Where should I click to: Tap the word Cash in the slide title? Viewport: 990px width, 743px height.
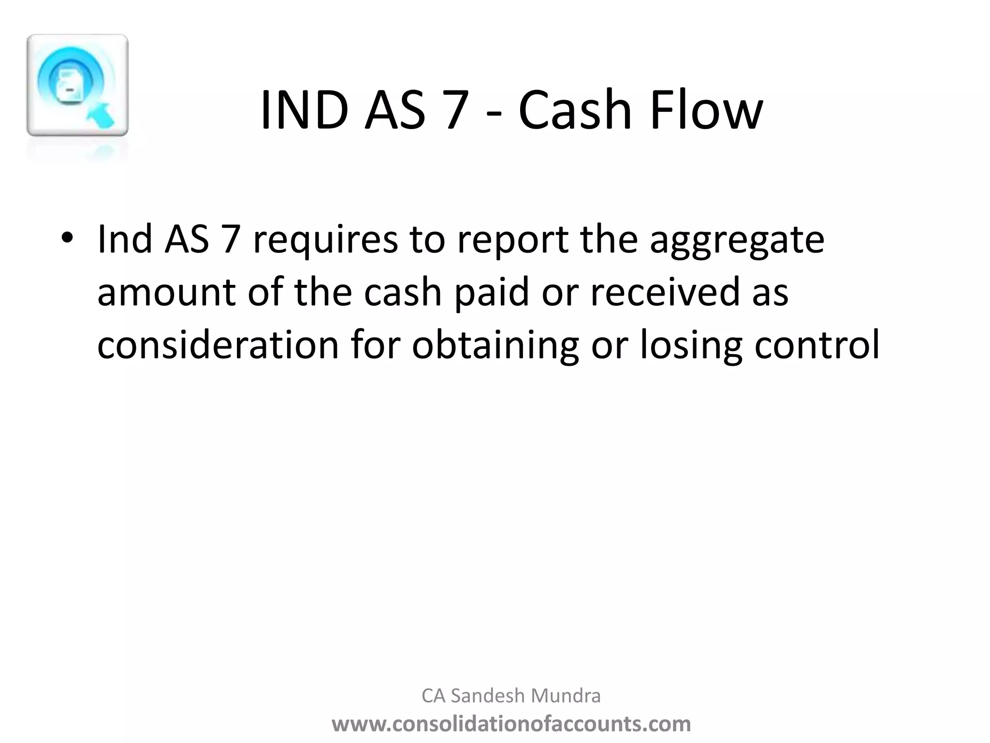click(x=575, y=110)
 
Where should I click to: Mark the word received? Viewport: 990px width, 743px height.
click(x=665, y=293)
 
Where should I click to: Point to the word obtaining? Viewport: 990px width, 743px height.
click(x=495, y=346)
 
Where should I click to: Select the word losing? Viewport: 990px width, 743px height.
click(x=691, y=346)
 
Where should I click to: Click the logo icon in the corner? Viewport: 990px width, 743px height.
click(x=77, y=86)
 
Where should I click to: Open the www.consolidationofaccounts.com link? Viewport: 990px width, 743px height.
click(x=511, y=724)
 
